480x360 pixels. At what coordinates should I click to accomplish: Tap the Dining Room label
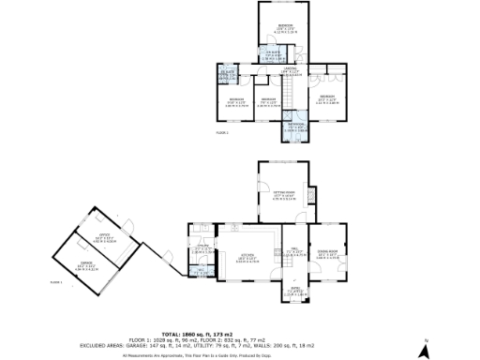click(327, 254)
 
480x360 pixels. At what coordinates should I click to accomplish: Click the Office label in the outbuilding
click(106, 235)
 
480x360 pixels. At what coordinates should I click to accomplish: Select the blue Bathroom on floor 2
click(296, 127)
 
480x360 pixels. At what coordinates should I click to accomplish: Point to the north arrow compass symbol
click(424, 349)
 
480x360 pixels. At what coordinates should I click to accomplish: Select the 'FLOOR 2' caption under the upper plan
click(222, 133)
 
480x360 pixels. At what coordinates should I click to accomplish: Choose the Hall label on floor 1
click(292, 251)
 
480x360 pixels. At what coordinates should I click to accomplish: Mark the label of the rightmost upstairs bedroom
click(326, 98)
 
